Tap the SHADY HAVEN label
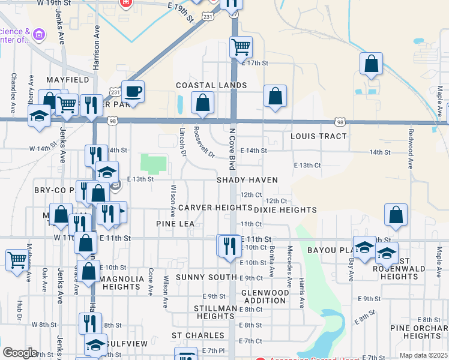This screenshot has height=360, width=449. tap(247, 180)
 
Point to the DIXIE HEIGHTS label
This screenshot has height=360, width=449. tap(285, 210)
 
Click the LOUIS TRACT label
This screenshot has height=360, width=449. tap(318, 136)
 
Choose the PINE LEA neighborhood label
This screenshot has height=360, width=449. tap(175, 224)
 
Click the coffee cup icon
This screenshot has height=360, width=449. tap(133, 92)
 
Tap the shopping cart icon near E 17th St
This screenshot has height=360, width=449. tap(241, 46)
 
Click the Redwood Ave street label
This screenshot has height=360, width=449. tap(411, 148)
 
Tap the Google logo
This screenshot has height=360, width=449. tap(20, 352)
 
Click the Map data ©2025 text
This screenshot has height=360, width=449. tap(424, 355)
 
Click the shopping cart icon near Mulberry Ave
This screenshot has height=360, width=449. tap(17, 260)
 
